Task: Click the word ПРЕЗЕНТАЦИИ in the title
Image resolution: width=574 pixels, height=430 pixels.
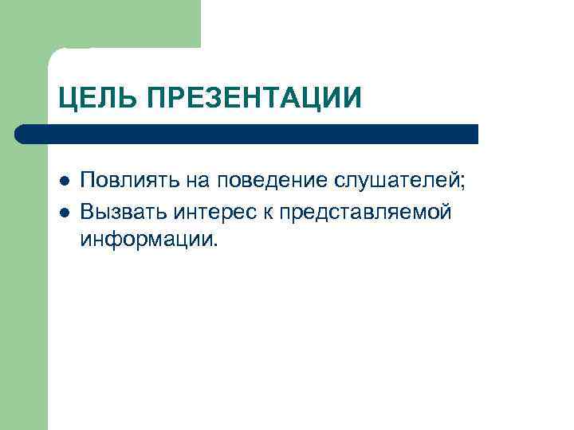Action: (x=252, y=99)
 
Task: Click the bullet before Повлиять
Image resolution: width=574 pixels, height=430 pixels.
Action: (x=64, y=181)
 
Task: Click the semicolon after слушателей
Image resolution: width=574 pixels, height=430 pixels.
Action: (x=461, y=182)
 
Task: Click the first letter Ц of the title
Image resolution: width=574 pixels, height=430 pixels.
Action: (x=68, y=99)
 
